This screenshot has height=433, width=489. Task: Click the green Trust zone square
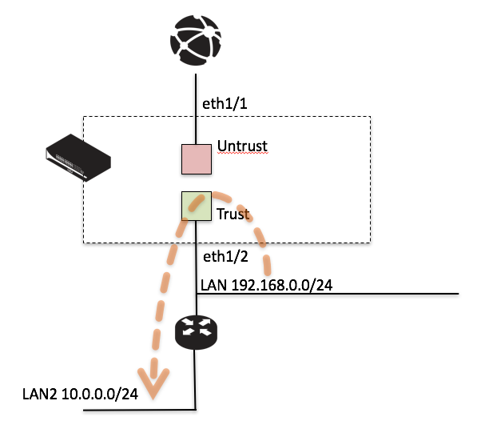coord(195,206)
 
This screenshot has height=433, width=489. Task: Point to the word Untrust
coord(242,146)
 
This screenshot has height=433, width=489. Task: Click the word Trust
coord(233,214)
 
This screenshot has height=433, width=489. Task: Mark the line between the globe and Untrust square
coord(196,104)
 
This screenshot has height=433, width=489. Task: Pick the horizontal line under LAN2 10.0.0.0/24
coord(136,411)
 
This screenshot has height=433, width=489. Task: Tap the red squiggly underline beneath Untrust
coord(242,154)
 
